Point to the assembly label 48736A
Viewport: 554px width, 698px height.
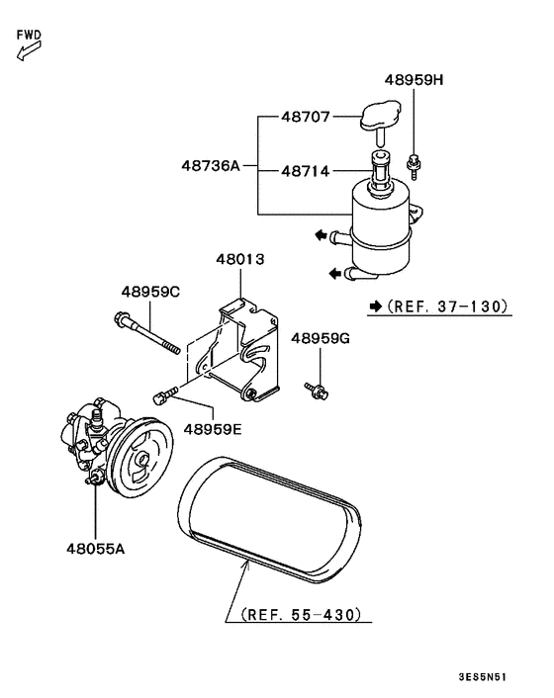(211, 165)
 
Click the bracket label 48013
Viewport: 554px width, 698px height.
(240, 260)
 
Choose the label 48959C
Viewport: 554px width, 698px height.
(150, 292)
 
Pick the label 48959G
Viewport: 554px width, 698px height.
(321, 338)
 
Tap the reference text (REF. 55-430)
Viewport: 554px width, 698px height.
(300, 614)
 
